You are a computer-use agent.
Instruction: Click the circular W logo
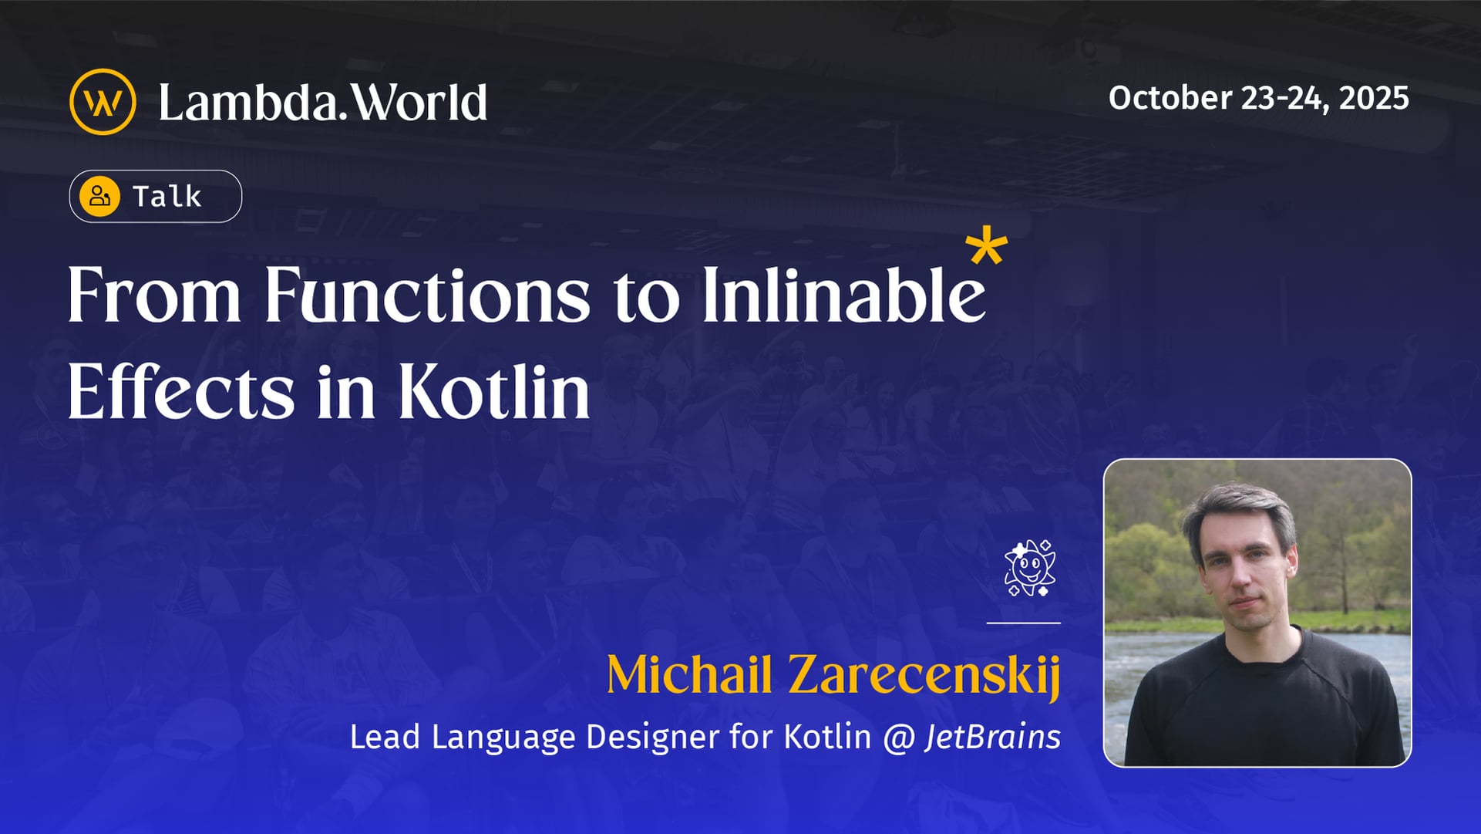(x=103, y=102)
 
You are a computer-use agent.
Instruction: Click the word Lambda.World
(x=323, y=102)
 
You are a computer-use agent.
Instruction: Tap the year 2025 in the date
(x=1374, y=98)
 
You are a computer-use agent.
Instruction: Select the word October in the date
(x=1170, y=98)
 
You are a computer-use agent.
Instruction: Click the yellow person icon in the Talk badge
(x=100, y=196)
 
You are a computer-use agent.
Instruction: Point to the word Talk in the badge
(x=167, y=197)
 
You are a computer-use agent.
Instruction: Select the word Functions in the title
(x=427, y=295)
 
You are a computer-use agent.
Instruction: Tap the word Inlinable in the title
(x=843, y=295)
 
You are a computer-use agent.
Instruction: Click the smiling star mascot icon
(x=1029, y=569)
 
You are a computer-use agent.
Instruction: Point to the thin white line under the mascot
(x=1023, y=622)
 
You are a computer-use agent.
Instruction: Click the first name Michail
(x=689, y=674)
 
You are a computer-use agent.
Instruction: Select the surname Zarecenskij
(x=924, y=676)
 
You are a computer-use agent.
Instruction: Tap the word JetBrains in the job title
(x=993, y=737)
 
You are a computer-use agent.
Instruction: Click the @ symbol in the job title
(x=898, y=738)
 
